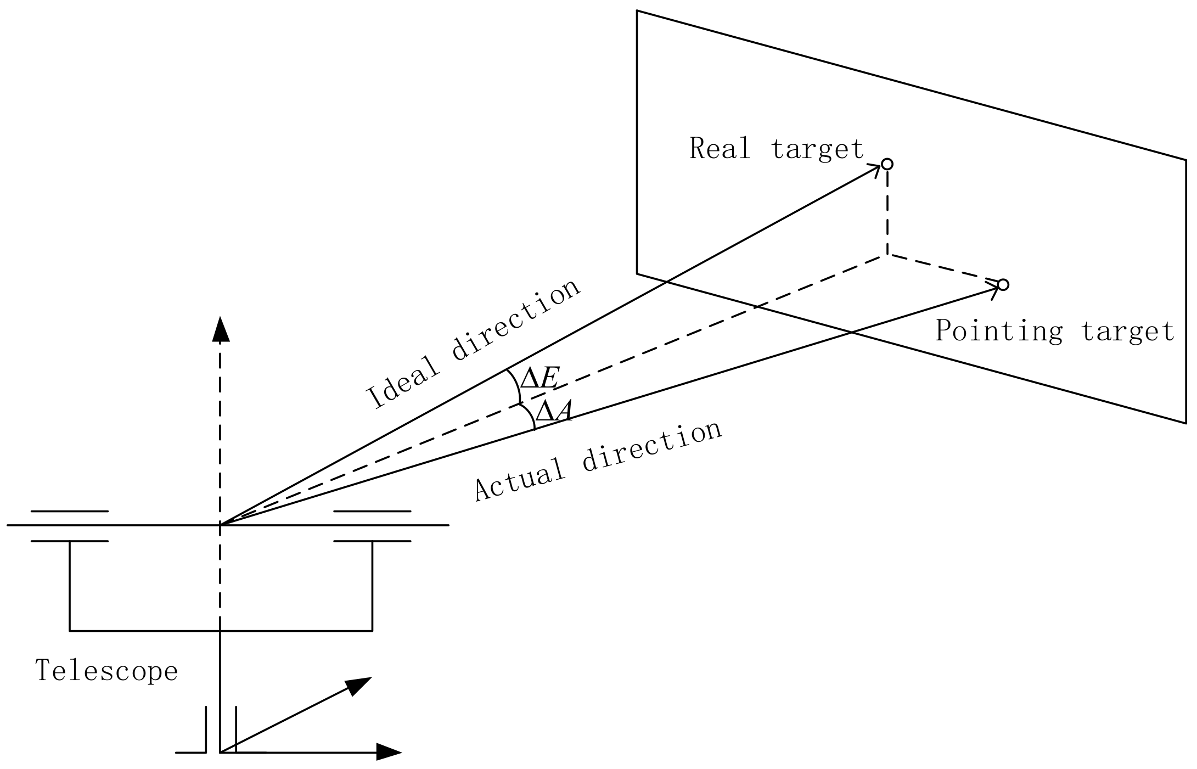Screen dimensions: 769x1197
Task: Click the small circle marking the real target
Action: (887, 164)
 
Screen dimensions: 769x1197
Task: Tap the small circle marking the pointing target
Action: (1003, 285)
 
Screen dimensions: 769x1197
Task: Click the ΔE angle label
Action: (540, 379)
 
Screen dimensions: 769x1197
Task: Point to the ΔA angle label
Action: (554, 411)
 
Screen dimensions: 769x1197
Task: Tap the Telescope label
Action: (106, 671)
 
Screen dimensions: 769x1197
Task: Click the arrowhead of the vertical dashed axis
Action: (220, 329)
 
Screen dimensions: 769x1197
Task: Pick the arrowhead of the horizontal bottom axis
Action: (389, 752)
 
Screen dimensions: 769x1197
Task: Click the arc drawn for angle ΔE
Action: (517, 387)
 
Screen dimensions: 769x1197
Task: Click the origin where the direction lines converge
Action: (220, 525)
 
